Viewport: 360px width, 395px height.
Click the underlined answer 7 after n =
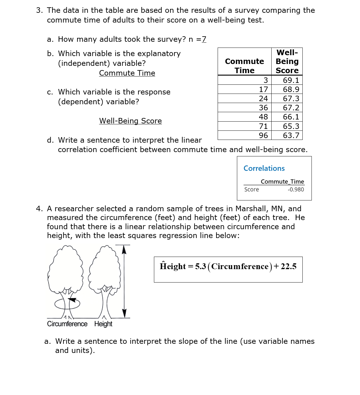pos(204,39)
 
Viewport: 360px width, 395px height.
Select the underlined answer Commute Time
pos(127,73)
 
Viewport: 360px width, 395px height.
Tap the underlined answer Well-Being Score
pos(130,121)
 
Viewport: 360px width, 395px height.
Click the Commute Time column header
pos(244,66)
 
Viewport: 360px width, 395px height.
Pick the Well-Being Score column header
pos(287,62)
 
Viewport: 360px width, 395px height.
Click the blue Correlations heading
pos(264,168)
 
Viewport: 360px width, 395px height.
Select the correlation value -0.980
pos(296,190)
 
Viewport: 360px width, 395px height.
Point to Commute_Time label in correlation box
pos(282,182)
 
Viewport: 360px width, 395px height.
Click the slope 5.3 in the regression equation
pos(201,266)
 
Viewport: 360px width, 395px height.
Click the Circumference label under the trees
pos(67,324)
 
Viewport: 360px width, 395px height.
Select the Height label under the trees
pos(103,324)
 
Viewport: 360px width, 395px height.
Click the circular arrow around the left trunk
pos(67,304)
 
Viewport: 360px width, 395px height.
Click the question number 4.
pos(39,209)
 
